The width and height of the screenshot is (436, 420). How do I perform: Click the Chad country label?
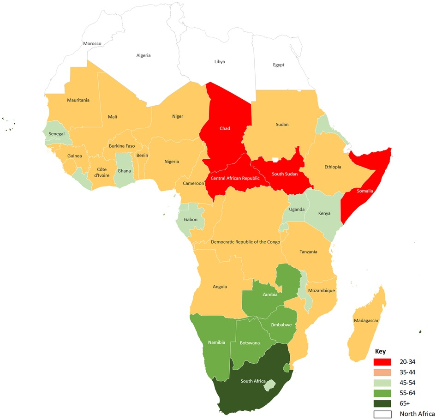pos(225,128)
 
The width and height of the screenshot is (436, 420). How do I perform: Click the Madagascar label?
pos(367,320)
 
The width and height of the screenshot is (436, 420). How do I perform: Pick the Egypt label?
pos(278,65)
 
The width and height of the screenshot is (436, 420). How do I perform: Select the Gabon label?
pos(191,219)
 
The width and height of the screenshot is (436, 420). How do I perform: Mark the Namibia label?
pos(216,342)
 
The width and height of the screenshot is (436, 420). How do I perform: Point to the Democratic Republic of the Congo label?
pos(245,241)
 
